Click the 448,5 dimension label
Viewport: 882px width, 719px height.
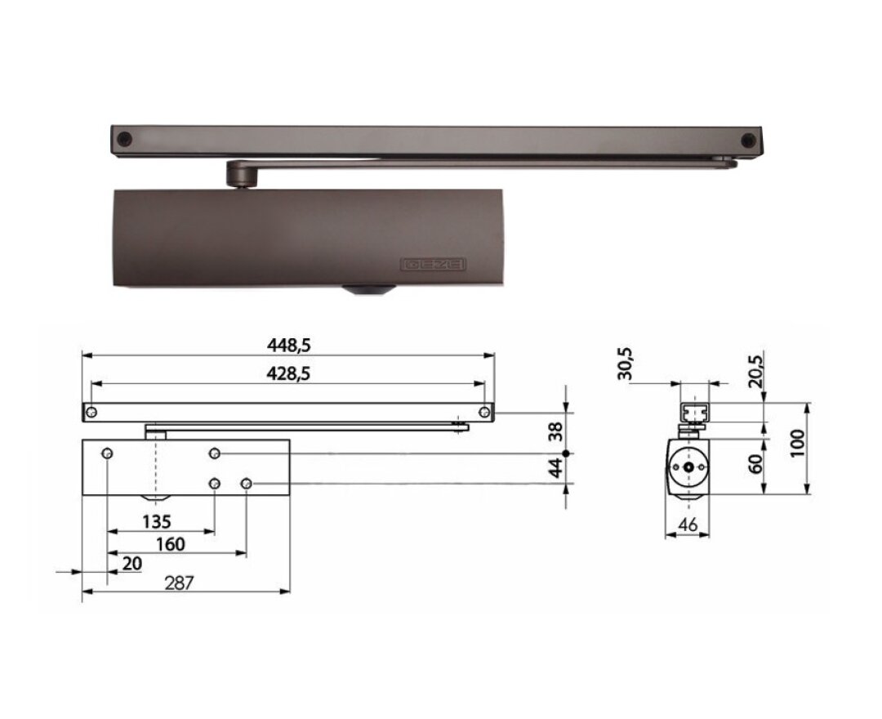[288, 346]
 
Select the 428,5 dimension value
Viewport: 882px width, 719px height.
[288, 373]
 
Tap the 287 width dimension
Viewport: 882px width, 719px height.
[179, 583]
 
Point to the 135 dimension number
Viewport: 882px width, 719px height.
[156, 521]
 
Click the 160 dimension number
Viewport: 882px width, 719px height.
[171, 544]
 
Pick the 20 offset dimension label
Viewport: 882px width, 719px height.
[131, 563]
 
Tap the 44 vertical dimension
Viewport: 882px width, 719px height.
[556, 468]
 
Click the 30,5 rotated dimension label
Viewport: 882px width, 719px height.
[625, 364]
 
